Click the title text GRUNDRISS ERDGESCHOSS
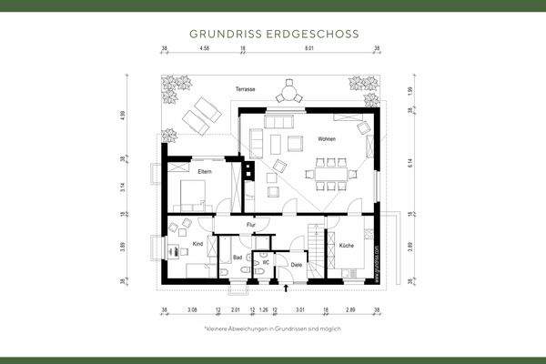(x=273, y=33)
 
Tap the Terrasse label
(x=245, y=89)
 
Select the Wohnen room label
(x=327, y=139)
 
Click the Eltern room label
(x=205, y=171)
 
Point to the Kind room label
(x=197, y=245)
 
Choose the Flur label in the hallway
(x=249, y=224)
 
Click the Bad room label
(x=238, y=258)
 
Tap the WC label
(x=266, y=262)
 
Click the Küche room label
(x=347, y=246)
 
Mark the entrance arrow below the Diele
(x=288, y=288)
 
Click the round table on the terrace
(x=290, y=91)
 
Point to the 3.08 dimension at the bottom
(x=191, y=309)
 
